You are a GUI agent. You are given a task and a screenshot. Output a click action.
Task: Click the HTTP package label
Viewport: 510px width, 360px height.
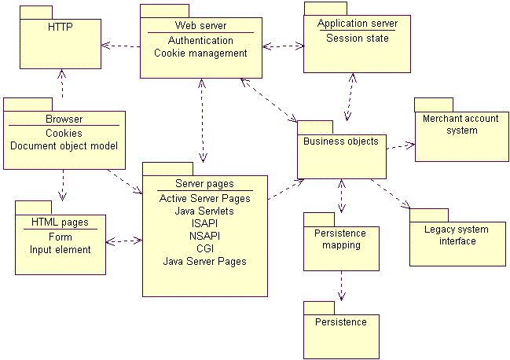(x=59, y=26)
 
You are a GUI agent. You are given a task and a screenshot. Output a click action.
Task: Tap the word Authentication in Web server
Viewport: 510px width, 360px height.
(x=200, y=40)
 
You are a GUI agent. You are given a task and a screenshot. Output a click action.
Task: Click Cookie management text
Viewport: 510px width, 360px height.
(x=200, y=53)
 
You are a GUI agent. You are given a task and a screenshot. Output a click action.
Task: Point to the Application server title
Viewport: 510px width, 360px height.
(x=357, y=24)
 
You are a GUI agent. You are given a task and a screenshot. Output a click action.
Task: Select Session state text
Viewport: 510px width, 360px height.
(x=357, y=38)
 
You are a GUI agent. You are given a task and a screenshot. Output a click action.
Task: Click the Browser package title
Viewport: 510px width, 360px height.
(x=64, y=119)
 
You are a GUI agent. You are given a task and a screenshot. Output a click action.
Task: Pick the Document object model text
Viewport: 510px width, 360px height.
(x=64, y=145)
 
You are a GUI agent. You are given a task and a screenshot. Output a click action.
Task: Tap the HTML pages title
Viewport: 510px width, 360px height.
(x=60, y=222)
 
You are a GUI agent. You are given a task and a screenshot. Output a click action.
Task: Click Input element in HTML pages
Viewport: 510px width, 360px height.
(x=60, y=250)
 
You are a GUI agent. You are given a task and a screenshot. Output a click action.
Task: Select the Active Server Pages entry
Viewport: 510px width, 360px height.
(x=204, y=199)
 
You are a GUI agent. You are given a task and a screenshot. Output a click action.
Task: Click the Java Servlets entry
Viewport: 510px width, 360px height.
(x=204, y=211)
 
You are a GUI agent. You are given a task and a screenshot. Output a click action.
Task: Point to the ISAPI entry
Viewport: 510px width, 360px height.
(x=204, y=223)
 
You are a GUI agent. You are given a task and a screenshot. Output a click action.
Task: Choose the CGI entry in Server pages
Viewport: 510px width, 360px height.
(x=204, y=248)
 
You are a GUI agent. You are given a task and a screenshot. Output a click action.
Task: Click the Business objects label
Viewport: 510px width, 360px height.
(x=340, y=141)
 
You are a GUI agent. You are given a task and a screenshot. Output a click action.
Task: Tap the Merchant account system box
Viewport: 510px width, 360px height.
(x=460, y=130)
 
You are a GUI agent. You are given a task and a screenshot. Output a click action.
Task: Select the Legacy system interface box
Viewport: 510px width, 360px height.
(x=457, y=236)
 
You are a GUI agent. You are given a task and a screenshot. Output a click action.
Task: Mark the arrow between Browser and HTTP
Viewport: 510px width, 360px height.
(x=61, y=85)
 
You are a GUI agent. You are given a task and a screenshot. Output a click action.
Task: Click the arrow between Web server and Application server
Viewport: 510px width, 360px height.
(x=283, y=46)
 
